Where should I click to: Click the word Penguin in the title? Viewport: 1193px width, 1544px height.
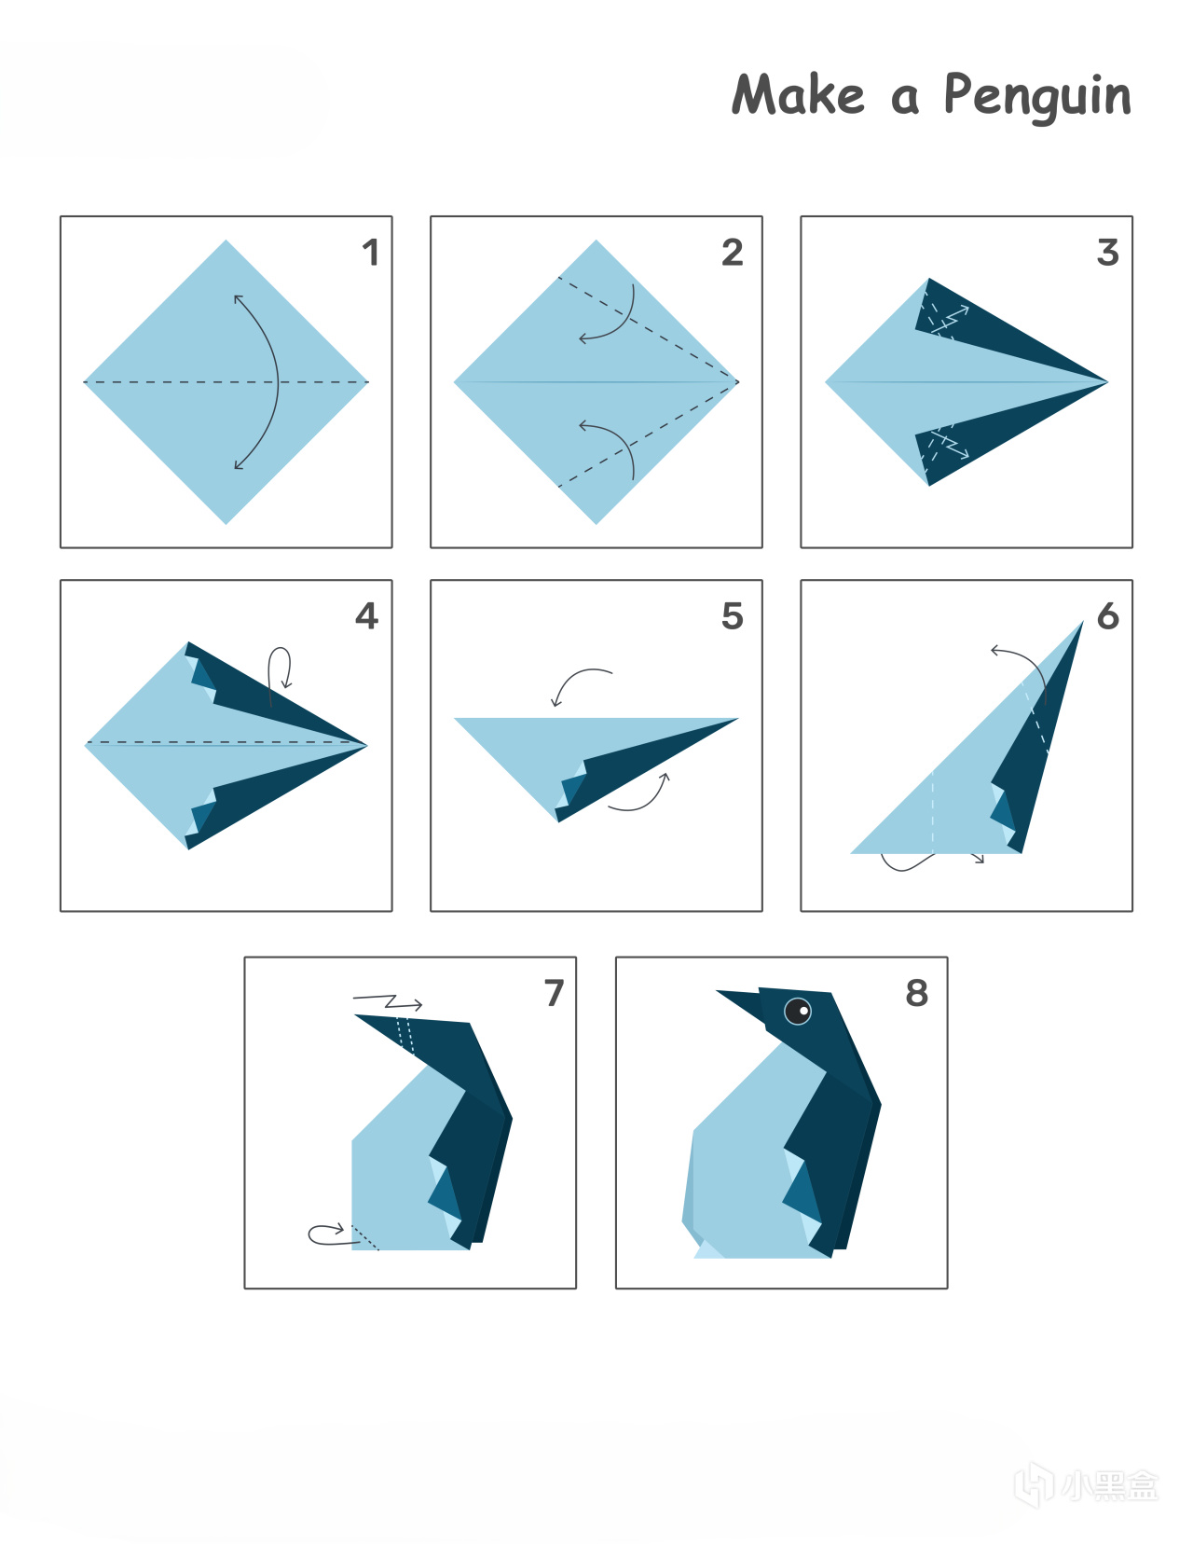[1037, 97]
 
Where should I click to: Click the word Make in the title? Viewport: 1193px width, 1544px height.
[798, 94]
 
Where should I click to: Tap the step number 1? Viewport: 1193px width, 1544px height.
[370, 253]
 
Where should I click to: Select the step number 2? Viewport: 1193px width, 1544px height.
[733, 253]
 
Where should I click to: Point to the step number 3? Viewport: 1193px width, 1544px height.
[1108, 253]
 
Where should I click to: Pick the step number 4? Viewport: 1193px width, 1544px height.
[366, 615]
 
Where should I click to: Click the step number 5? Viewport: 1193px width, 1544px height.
[733, 615]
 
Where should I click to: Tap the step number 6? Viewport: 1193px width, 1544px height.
[1108, 615]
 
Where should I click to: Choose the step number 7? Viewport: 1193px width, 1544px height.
[555, 993]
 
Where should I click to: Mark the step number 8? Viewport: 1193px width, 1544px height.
[917, 993]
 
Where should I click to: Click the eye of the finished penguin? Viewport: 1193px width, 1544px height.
[798, 1011]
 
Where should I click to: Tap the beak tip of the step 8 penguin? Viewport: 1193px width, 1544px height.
[716, 990]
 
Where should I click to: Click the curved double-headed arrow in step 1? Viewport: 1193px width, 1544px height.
[278, 382]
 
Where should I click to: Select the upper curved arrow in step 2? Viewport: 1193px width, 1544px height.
[624, 324]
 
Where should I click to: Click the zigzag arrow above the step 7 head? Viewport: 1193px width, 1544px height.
[390, 1002]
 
